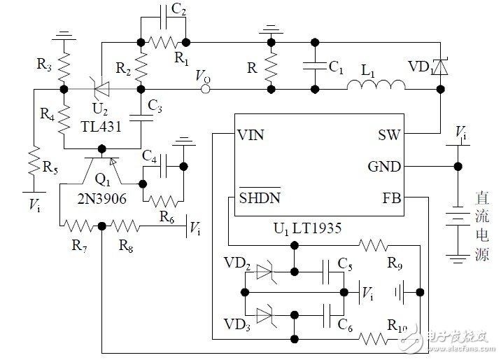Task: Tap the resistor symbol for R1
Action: click(x=163, y=40)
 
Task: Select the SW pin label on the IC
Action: click(x=389, y=134)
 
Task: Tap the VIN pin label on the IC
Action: click(x=251, y=134)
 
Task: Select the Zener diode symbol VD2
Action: click(x=266, y=270)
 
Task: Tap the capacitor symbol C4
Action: click(x=163, y=166)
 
